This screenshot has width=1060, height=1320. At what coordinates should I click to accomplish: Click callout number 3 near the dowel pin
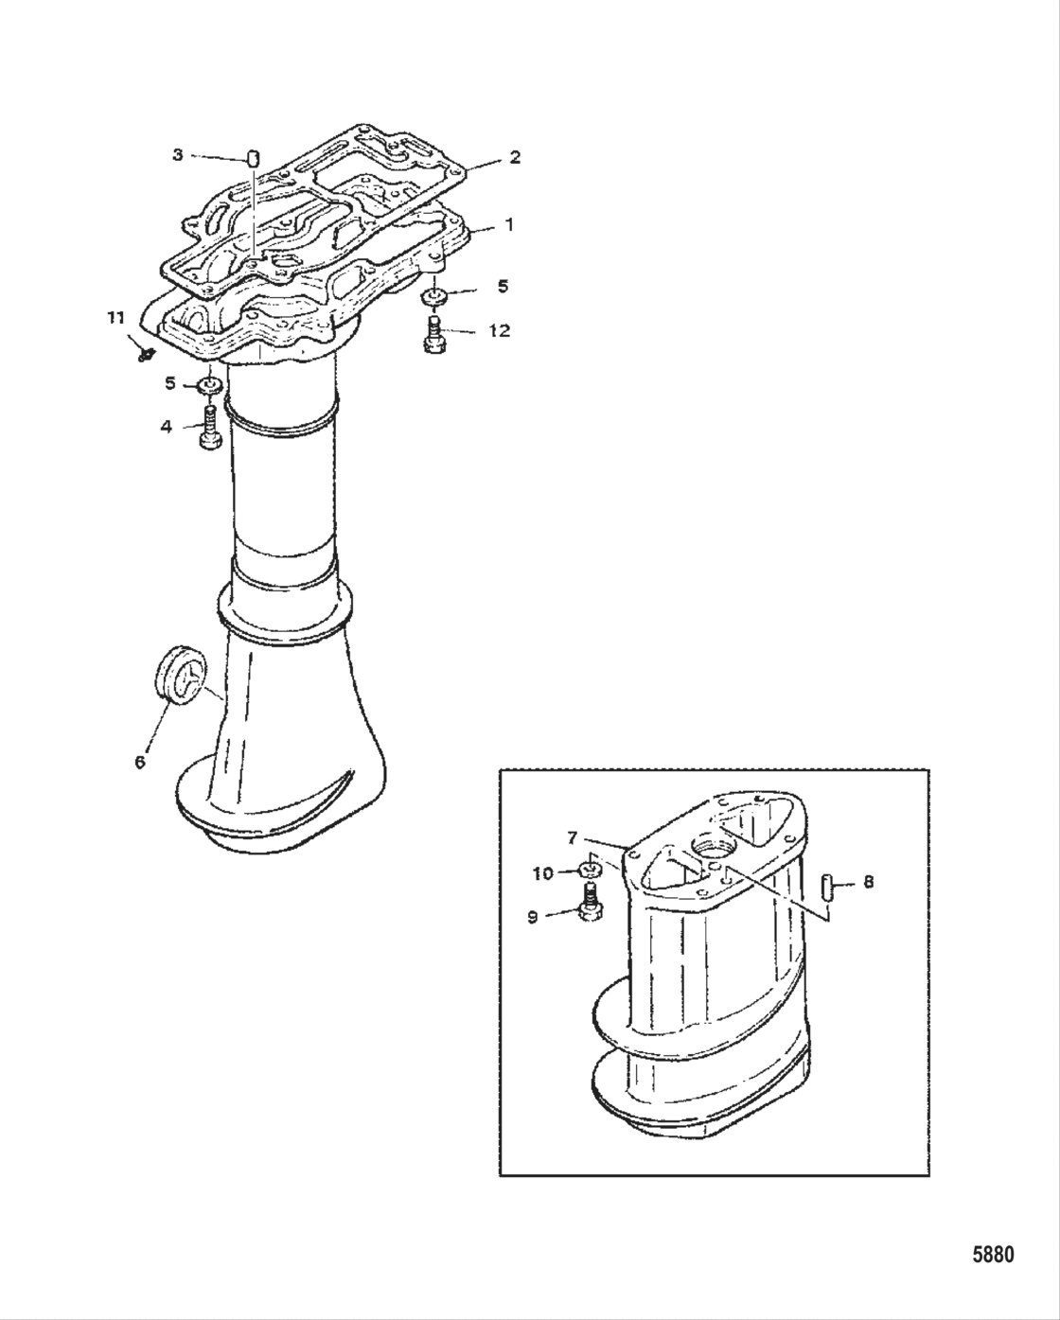(177, 154)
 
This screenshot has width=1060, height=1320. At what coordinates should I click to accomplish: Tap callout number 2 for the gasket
(514, 157)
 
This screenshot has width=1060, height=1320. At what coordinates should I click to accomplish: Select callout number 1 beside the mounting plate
(508, 225)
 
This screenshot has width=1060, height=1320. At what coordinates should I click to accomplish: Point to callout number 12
(499, 330)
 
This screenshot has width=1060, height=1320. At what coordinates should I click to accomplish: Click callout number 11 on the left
(115, 319)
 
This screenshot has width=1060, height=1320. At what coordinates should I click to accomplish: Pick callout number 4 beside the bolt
(167, 426)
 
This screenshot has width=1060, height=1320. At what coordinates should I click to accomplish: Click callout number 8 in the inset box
(868, 882)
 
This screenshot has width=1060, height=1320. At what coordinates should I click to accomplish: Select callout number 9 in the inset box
(532, 917)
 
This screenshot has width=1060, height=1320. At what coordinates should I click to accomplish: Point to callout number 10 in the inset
(542, 873)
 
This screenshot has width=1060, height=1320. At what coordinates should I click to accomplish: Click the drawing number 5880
(993, 1255)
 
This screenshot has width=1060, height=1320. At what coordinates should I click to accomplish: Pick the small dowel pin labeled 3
(253, 156)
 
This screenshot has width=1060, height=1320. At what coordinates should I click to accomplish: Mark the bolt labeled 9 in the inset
(589, 906)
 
